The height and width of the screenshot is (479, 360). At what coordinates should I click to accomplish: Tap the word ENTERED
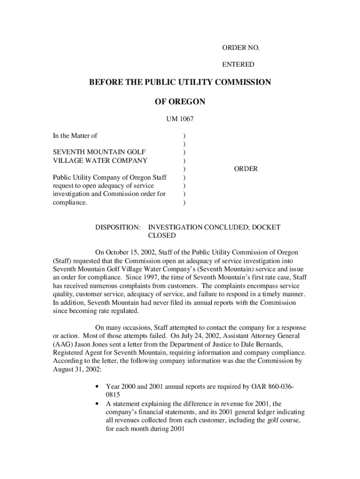[238, 65]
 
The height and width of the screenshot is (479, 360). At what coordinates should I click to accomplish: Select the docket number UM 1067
[180, 119]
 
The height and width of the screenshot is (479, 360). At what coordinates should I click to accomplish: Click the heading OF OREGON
[180, 102]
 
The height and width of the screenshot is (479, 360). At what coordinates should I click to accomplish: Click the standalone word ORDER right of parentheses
[245, 169]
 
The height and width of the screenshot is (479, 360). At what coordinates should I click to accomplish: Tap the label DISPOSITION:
[118, 227]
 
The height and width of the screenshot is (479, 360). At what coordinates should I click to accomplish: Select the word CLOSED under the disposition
[162, 236]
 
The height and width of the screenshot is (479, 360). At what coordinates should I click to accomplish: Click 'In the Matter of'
[75, 136]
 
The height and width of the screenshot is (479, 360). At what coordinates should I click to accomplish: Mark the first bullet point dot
[96, 387]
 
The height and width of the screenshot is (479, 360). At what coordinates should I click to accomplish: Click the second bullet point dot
[96, 404]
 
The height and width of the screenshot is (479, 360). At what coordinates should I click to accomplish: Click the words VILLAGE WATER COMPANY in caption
[100, 160]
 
